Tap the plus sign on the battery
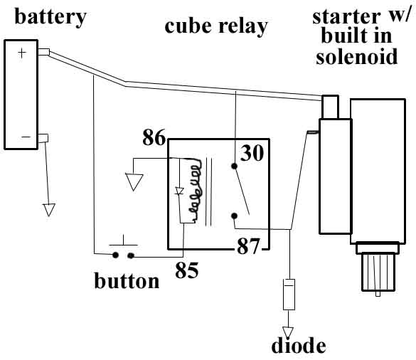(x=21, y=53)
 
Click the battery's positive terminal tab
(x=43, y=52)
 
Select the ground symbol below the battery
(x=48, y=209)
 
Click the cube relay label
(x=216, y=26)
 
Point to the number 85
(x=187, y=270)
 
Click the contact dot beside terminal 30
(x=234, y=167)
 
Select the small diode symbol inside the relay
(x=179, y=191)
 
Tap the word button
(x=127, y=280)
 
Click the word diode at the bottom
(x=298, y=346)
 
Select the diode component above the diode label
(x=288, y=294)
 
